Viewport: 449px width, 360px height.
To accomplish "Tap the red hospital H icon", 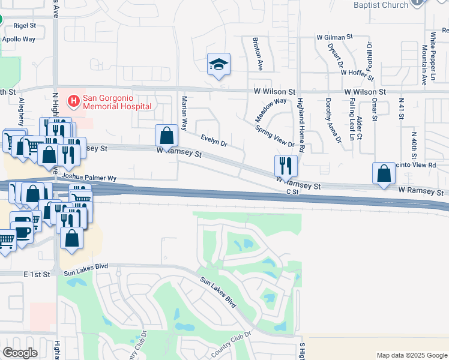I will pyautogui.click(x=74, y=101).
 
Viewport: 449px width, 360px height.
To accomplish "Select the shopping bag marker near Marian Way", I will pyautogui.click(x=167, y=134).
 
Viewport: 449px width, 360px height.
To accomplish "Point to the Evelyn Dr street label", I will pyautogui.click(x=214, y=141).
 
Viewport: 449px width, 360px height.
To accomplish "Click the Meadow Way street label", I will pyautogui.click(x=272, y=109).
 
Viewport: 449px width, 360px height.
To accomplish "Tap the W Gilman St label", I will pyautogui.click(x=335, y=37).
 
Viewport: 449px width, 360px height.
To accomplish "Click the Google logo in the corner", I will pyautogui.click(x=20, y=353).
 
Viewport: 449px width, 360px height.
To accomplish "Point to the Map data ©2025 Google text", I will pyautogui.click(x=411, y=355).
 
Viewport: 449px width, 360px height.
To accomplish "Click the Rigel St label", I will pyautogui.click(x=24, y=26).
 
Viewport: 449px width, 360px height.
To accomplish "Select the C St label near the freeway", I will pyautogui.click(x=292, y=192).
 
